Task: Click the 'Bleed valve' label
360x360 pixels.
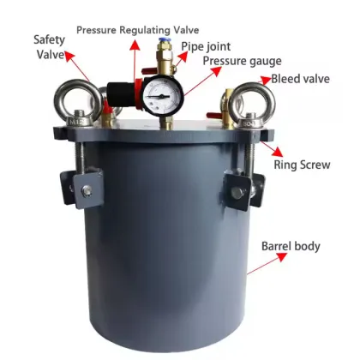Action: pos(301,81)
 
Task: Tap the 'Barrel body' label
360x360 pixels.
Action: pos(291,246)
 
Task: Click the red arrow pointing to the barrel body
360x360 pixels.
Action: pos(255,261)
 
